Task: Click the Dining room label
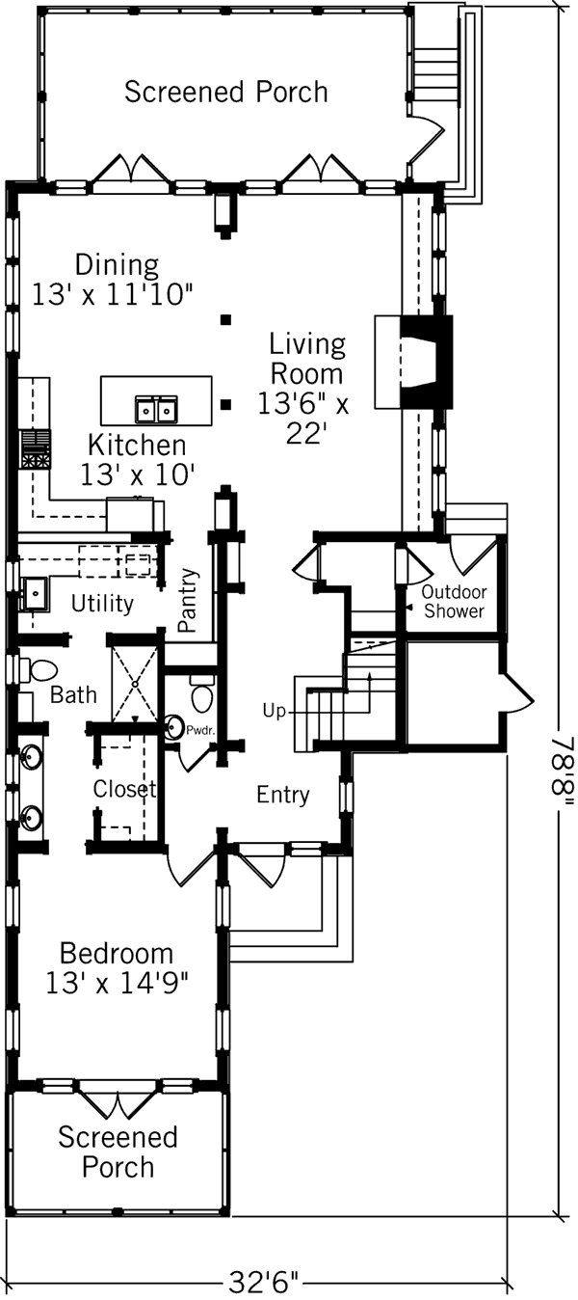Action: point(117,264)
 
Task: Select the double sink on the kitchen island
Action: point(157,410)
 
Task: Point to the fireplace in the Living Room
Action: point(424,364)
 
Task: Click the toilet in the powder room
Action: point(201,695)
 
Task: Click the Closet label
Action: point(124,789)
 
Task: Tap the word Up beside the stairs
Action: point(275,711)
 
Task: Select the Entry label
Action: point(283,796)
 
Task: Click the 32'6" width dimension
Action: point(263,1284)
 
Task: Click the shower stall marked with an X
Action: point(135,682)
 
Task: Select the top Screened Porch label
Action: point(226,93)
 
